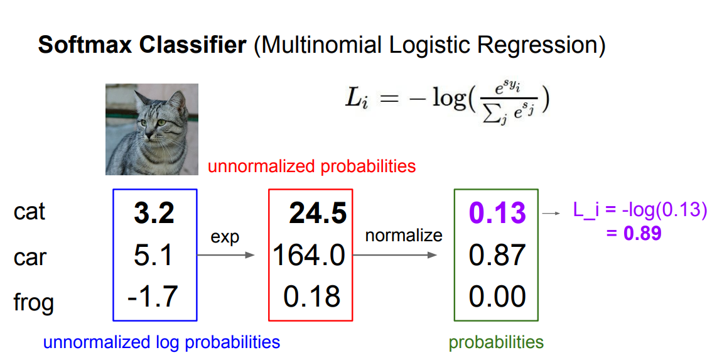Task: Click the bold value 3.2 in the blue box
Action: (x=154, y=213)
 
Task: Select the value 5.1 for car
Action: (x=153, y=255)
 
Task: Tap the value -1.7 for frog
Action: (x=153, y=297)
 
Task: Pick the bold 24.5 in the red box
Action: (x=318, y=213)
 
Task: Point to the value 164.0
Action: (x=309, y=255)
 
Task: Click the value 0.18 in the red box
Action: (x=311, y=297)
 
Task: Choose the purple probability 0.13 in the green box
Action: (x=497, y=213)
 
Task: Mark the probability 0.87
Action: (x=497, y=255)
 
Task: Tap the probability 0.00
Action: (x=497, y=297)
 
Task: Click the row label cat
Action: (x=30, y=211)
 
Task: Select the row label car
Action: (x=30, y=257)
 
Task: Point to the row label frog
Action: (x=34, y=303)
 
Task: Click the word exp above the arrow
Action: (x=225, y=237)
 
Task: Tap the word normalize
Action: (x=404, y=235)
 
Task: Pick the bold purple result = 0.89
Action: (x=634, y=233)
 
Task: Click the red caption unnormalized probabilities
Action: (x=312, y=166)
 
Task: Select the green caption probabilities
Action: (x=496, y=342)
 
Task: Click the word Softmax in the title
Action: (x=85, y=45)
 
